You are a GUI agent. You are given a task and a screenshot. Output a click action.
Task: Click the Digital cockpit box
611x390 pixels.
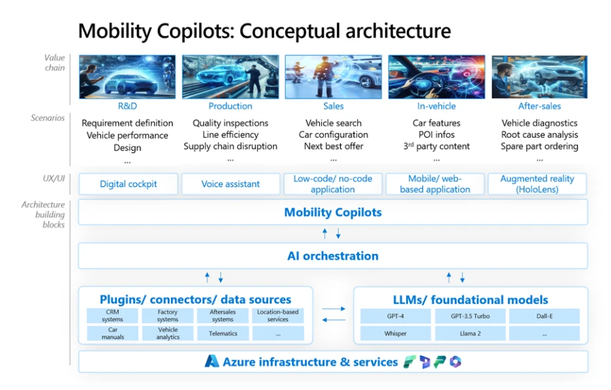coord(128,184)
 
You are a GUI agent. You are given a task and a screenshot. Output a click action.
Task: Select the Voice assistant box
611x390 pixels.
coord(231,184)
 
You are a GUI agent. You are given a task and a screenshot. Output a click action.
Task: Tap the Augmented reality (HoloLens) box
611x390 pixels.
coord(537,184)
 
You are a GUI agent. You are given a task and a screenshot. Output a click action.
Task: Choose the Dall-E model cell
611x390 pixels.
coord(544,316)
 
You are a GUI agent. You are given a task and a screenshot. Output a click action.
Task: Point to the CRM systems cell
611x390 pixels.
coord(113,316)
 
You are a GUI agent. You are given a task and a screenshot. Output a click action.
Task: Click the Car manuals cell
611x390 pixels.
coord(113,334)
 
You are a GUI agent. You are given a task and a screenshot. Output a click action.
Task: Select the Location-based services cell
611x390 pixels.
coord(278,316)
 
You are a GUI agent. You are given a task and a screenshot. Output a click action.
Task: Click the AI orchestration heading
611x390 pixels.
coord(333,256)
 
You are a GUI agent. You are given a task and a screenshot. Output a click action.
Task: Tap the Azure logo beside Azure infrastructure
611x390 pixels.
coord(212,361)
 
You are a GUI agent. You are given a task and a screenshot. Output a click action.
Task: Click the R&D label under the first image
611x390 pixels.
coord(128,106)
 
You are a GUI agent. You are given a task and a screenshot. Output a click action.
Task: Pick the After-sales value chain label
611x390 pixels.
coord(540,106)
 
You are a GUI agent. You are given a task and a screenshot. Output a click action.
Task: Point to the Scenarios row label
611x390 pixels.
coord(48,118)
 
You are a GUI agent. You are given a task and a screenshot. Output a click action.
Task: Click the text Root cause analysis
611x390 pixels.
coord(540,135)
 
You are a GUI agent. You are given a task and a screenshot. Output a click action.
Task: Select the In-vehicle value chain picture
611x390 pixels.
coord(436,77)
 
